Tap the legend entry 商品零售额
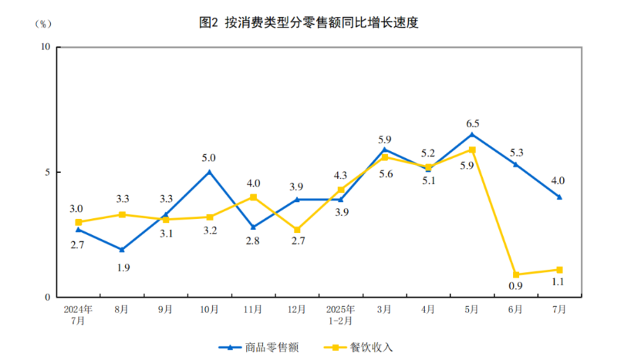coord(258,347)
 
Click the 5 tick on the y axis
coord(47,172)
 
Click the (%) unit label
coord(42,23)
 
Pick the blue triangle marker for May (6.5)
coord(472,135)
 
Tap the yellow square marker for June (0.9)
coord(516,274)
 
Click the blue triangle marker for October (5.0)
coord(210,172)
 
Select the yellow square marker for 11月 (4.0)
coord(254,197)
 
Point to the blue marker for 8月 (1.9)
coord(122,250)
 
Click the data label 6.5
coord(472,123)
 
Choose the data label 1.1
coord(559,282)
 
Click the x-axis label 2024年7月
coord(79,314)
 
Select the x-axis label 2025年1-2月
coord(341,314)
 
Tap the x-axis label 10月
coord(210,309)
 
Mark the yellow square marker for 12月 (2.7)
coord(297,230)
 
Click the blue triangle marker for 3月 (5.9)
coord(385,150)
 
